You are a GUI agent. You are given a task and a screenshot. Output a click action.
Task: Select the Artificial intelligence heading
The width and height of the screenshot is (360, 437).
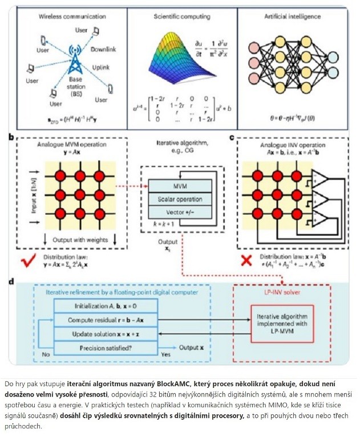(x=292, y=18)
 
